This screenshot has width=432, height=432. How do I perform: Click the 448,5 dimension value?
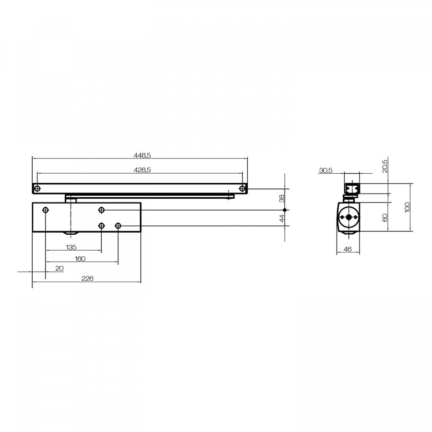point(142,156)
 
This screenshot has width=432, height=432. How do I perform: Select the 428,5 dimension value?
point(142,170)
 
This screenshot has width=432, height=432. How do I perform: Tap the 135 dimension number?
point(71,247)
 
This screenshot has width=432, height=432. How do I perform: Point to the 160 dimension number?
point(80,259)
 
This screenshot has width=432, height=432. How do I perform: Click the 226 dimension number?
point(87,278)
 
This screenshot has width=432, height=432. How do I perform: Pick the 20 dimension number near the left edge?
point(60,268)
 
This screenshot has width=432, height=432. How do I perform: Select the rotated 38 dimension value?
point(282,199)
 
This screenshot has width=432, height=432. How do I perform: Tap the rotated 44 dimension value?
point(282,218)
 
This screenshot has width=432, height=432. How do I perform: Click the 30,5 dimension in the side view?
point(325,170)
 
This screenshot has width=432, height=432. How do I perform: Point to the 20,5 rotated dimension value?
point(385,166)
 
